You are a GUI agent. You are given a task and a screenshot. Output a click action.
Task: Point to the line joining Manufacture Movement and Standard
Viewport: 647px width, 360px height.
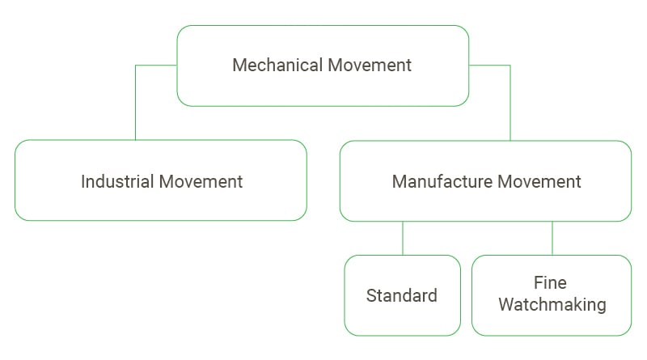[403, 238]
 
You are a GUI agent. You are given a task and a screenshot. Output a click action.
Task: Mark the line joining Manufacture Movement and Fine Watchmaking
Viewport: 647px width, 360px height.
[552, 238]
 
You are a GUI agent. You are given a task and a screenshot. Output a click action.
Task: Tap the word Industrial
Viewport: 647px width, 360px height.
[116, 181]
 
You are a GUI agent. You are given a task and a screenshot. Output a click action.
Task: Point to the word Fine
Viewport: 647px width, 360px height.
[550, 283]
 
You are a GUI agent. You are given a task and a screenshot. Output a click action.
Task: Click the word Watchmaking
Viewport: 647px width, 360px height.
[552, 305]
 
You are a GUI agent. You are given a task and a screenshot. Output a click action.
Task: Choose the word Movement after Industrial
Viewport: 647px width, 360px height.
[201, 181]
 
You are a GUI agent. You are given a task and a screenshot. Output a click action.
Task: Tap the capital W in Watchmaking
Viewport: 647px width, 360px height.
[506, 305]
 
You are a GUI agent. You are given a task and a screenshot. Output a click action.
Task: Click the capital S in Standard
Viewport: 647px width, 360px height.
[371, 295]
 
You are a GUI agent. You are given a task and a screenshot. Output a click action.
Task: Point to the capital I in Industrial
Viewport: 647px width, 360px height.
[82, 181]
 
